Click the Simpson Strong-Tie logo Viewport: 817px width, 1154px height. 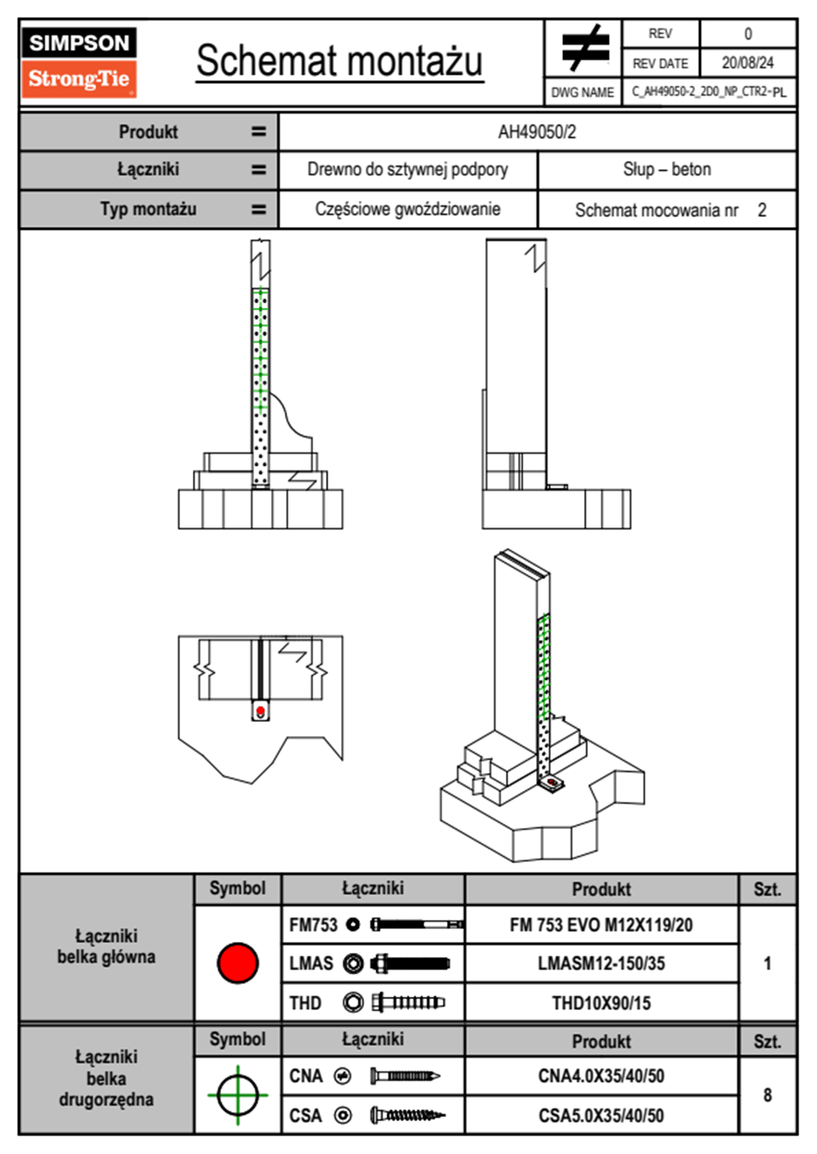(78, 62)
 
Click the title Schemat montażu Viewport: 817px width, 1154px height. (340, 62)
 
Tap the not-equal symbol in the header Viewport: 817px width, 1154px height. (585, 47)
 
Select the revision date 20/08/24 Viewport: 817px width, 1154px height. (747, 63)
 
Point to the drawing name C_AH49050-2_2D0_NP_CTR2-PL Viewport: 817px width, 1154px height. (709, 92)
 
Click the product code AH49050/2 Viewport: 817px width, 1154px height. (537, 132)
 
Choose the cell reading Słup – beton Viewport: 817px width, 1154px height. (667, 169)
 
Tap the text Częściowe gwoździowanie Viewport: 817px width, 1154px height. (407, 209)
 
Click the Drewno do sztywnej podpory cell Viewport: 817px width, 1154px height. (407, 169)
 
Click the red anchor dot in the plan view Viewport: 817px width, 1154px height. (260, 711)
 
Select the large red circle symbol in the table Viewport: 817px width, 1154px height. (238, 963)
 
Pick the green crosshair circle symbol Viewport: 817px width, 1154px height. (238, 1094)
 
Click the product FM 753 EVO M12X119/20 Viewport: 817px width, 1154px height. (601, 926)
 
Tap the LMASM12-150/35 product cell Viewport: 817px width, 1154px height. (601, 964)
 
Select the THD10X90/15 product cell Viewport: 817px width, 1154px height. (601, 1003)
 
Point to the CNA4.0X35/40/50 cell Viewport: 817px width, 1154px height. (601, 1076)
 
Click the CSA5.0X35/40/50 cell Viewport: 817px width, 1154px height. (601, 1116)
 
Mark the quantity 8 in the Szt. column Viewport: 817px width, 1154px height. (767, 1095)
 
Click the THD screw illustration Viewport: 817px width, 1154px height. (408, 1002)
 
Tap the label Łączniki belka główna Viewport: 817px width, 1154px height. (106, 946)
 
